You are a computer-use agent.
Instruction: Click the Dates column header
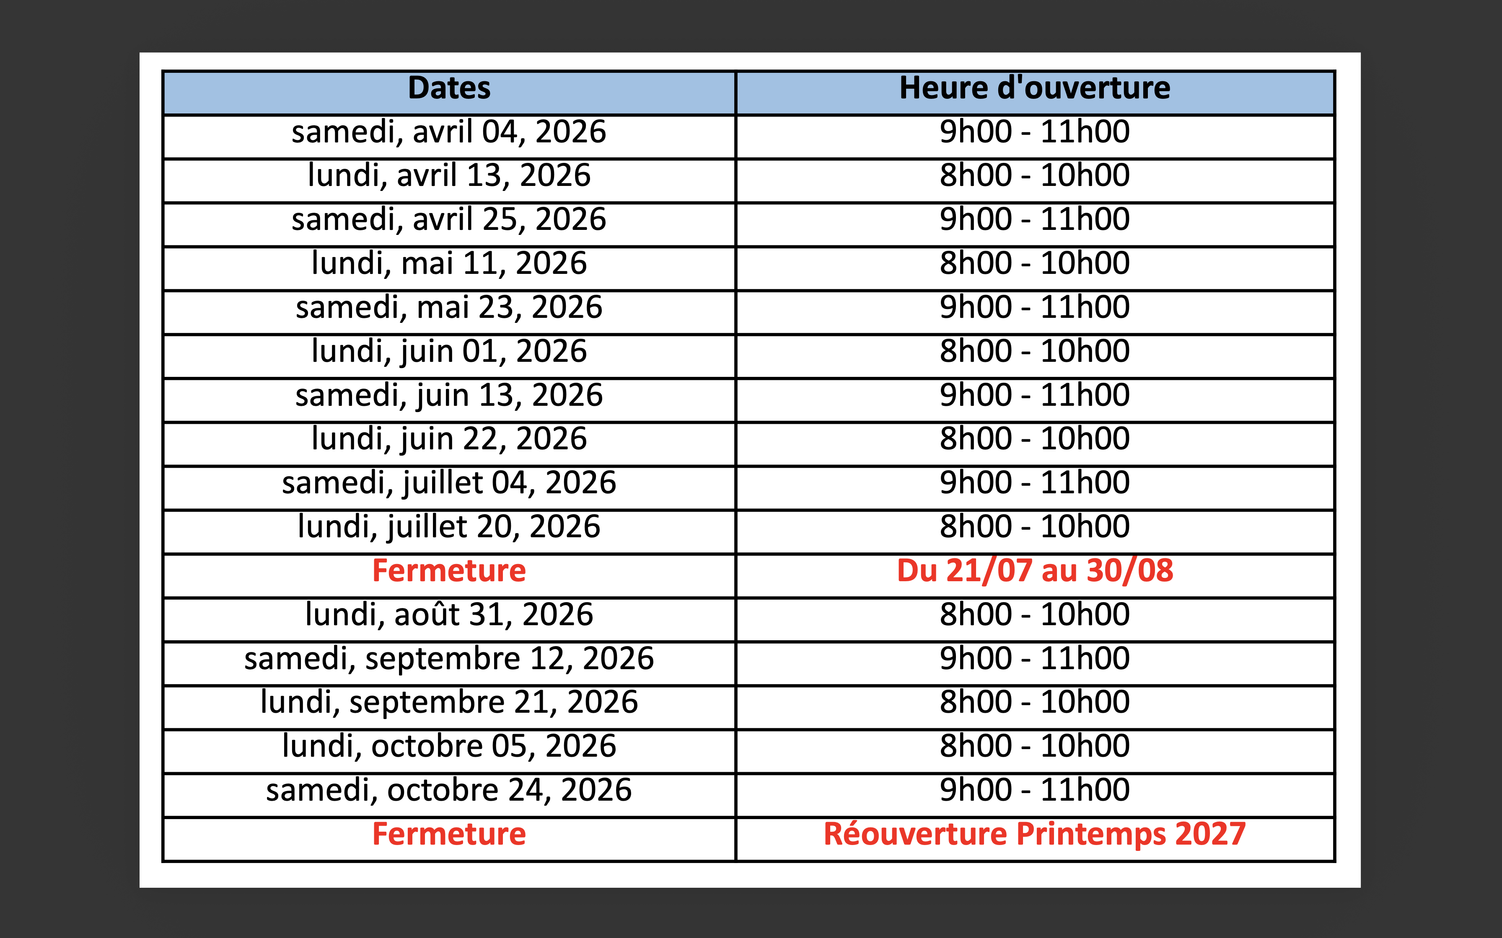pos(449,88)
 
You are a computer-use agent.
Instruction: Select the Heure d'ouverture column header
pos(1035,88)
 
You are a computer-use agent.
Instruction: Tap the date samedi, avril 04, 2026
pos(449,132)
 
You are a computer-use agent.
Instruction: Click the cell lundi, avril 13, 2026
pos(449,175)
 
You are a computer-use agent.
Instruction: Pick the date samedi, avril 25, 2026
pos(449,219)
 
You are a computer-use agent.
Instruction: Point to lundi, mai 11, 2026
pos(449,264)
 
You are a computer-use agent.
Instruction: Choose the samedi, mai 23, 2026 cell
pos(449,308)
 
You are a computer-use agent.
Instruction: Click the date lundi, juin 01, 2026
pos(449,352)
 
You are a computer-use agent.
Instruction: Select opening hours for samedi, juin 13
pos(1035,395)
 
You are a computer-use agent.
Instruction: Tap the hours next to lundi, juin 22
pos(1035,439)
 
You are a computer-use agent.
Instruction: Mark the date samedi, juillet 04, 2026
pos(449,483)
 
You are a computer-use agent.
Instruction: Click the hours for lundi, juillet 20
pos(1035,527)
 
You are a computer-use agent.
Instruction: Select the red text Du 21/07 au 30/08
pos(1035,571)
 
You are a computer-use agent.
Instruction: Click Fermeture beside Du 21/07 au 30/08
pos(449,571)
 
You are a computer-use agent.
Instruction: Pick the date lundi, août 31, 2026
pos(449,615)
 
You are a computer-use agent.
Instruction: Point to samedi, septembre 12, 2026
pos(449,659)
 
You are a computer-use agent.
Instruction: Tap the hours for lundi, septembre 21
pos(1035,702)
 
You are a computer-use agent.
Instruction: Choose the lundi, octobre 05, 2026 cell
pos(449,746)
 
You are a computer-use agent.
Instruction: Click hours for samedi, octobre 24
pos(1035,790)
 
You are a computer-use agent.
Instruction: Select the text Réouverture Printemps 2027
pos(1035,835)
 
